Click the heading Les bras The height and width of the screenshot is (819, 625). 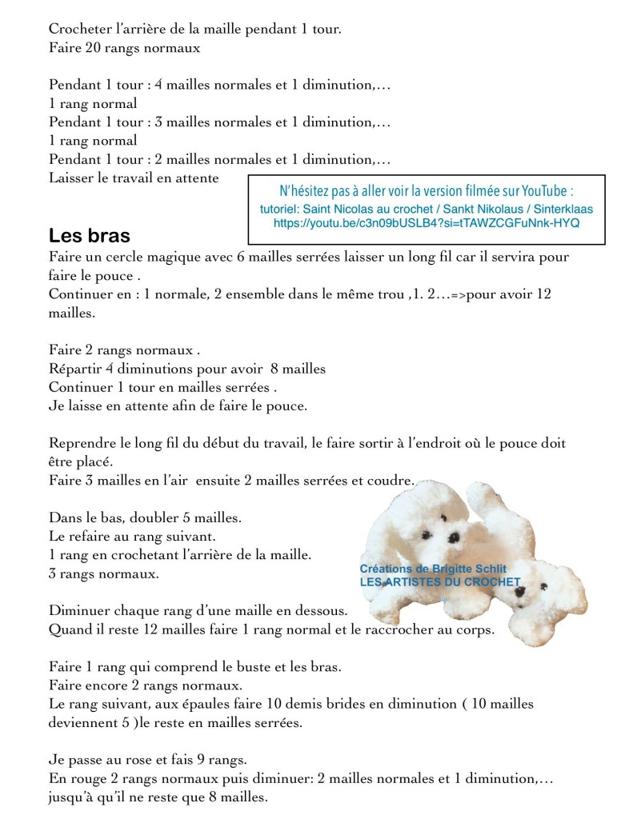(x=90, y=237)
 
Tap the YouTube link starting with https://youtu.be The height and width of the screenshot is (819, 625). (x=427, y=223)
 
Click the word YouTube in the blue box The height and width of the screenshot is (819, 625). (x=544, y=191)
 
